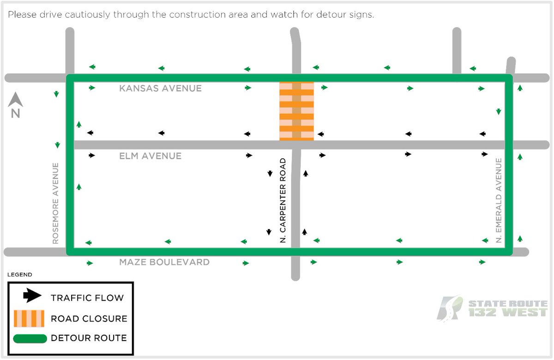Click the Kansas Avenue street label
pyautogui.click(x=160, y=88)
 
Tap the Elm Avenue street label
pyautogui.click(x=151, y=156)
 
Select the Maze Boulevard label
pyautogui.click(x=164, y=262)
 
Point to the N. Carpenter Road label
pyautogui.click(x=283, y=201)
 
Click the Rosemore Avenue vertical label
pyautogui.click(x=56, y=203)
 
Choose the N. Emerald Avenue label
pyautogui.click(x=499, y=200)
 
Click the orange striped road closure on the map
pyautogui.click(x=296, y=111)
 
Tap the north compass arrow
pyautogui.click(x=16, y=99)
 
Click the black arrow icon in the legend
pyautogui.click(x=32, y=296)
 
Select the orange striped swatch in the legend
pyautogui.click(x=29, y=318)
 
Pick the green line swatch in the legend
pyautogui.click(x=30, y=339)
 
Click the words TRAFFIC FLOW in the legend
pyautogui.click(x=87, y=298)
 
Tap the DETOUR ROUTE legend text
pyautogui.click(x=89, y=338)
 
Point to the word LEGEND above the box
pyautogui.click(x=20, y=275)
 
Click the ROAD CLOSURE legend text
pyautogui.click(x=89, y=318)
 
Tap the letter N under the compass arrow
pyautogui.click(x=16, y=114)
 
